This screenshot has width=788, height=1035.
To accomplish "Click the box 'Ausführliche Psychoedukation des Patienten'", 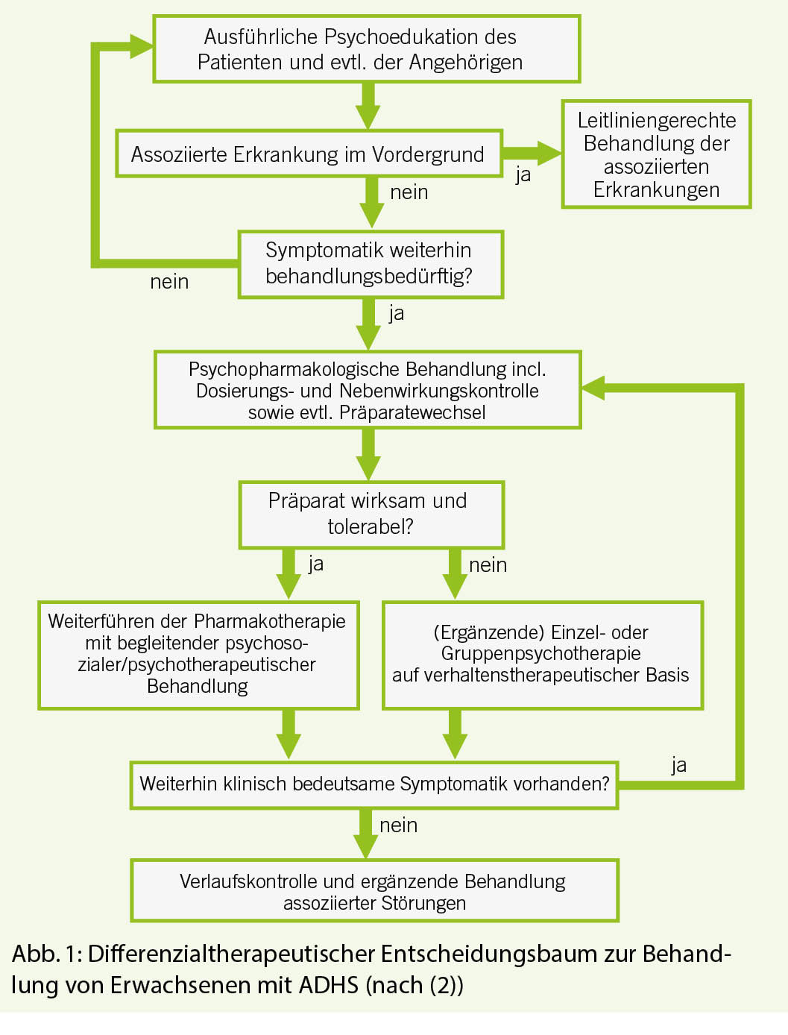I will [366, 49].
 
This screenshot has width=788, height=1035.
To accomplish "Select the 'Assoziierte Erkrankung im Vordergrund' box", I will [308, 154].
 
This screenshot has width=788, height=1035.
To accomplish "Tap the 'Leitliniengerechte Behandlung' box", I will [656, 154].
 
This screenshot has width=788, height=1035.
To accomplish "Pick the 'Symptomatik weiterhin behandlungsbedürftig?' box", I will [370, 264].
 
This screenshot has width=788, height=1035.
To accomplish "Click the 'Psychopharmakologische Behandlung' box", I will [367, 390].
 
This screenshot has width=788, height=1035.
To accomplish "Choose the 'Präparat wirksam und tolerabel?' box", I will [371, 514].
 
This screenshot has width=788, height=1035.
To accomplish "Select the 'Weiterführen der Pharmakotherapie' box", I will [198, 654].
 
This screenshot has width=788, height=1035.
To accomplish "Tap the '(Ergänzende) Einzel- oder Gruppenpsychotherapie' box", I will [542, 654].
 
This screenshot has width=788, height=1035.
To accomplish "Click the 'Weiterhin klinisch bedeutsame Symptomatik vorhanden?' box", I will [373, 784].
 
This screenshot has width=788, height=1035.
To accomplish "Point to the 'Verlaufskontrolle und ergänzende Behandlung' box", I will [373, 891].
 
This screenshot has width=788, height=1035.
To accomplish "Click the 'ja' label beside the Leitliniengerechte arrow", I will [523, 174].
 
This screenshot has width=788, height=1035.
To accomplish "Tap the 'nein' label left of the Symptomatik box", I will [169, 282].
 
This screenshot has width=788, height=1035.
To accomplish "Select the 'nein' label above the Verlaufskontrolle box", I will [398, 825].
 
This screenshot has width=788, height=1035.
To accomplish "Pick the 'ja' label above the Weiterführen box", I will [316, 564].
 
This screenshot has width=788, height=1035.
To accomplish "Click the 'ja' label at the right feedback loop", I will [678, 765].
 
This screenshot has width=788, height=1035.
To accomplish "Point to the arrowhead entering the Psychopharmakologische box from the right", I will [593, 388].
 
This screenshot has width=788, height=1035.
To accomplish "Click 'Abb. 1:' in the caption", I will [46, 954].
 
